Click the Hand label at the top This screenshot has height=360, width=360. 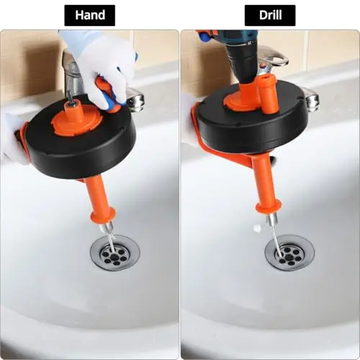(x=90, y=15)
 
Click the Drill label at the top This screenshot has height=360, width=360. (x=270, y=15)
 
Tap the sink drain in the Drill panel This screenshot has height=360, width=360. (x=289, y=255)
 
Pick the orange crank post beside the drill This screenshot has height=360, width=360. (x=269, y=96)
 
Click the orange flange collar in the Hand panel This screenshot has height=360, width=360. (x=102, y=214)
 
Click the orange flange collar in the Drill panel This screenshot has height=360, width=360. (x=269, y=207)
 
